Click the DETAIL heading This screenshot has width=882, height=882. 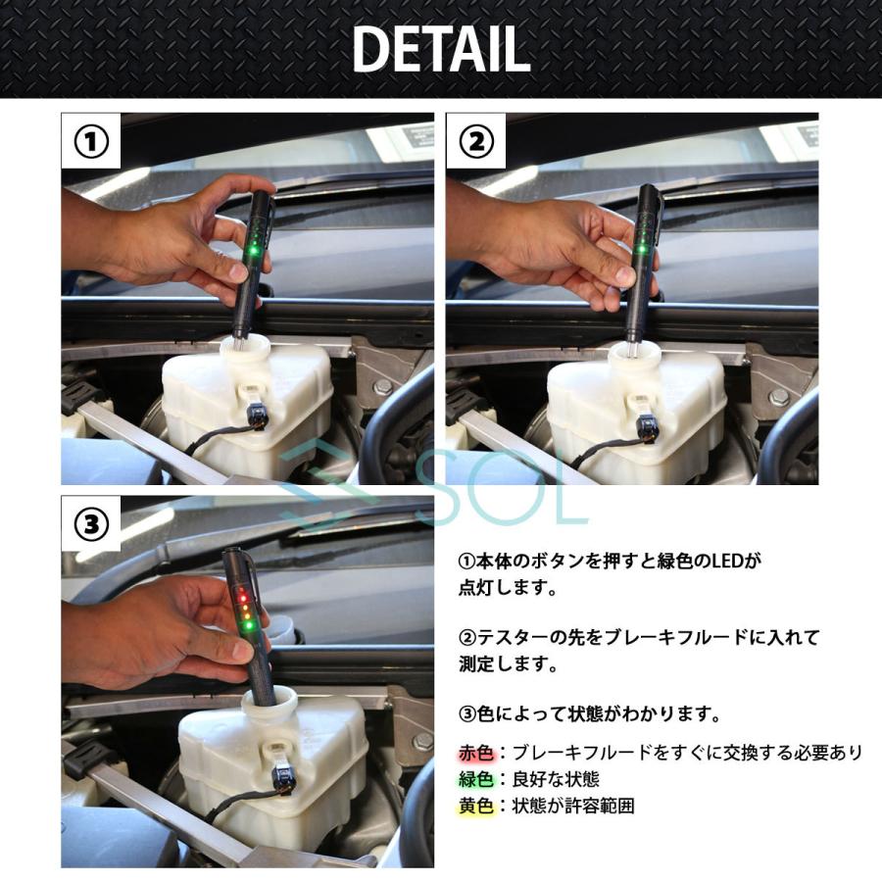pos(441,50)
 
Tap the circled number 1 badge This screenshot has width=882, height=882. pos(91,142)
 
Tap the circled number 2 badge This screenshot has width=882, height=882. pos(476,142)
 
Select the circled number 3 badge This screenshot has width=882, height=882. pos(91,524)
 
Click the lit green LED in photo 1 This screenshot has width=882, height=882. pos(254,250)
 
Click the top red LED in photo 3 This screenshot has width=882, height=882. pos(242,591)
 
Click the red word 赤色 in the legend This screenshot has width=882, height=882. pos(476,752)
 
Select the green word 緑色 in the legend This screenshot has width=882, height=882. pos(476,779)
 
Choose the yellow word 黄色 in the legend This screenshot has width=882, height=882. pos(476,807)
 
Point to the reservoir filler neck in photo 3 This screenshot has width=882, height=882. pos(269,702)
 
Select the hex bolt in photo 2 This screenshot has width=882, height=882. pos(778,396)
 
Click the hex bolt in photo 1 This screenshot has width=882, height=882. pos(383,386)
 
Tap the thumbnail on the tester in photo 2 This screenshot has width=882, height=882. pos(624,275)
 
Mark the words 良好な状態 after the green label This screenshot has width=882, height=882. pos(556,779)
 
